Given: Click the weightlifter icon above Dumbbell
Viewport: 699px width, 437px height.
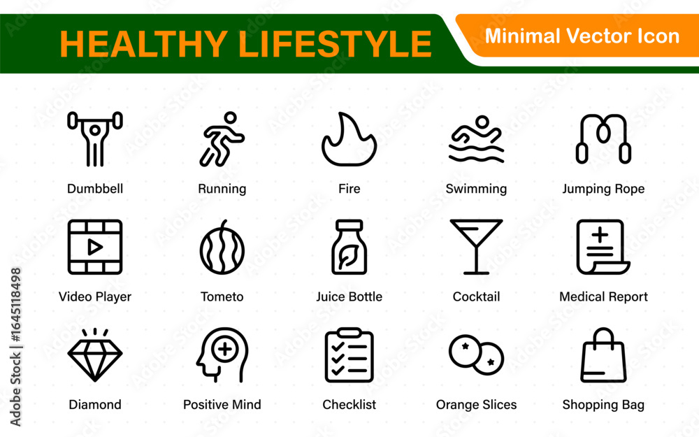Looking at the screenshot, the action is [95, 138].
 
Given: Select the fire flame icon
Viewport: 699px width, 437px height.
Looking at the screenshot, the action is [349, 139].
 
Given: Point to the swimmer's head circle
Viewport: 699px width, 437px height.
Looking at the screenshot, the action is [482, 122].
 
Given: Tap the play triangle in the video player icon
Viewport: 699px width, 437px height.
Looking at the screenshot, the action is [94, 247].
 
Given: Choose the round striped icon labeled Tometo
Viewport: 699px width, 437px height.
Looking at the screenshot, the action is [222, 248].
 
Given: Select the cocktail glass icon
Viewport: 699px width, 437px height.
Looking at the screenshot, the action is [476, 247].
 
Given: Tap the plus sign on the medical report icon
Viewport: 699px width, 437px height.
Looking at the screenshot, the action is [600, 234].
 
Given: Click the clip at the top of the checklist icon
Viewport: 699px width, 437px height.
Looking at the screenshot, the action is [349, 333].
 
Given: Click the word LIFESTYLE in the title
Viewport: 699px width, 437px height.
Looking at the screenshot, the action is [335, 44].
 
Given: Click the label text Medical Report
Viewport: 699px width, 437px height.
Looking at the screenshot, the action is [603, 296].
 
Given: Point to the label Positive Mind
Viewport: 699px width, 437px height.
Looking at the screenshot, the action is [222, 404].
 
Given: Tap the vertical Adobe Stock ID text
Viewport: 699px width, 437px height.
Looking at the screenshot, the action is [15, 347].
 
